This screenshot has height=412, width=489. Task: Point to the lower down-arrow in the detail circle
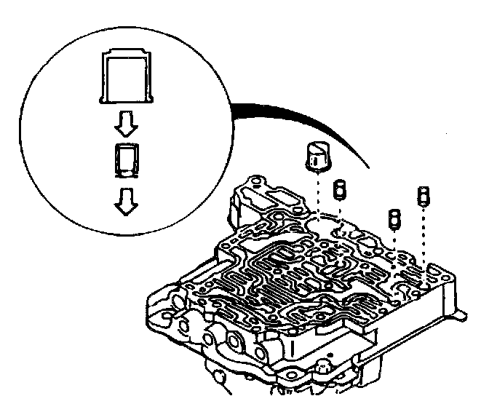[126, 203]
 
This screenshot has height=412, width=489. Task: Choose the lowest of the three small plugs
[393, 218]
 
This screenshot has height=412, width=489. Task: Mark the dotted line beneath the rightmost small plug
[422, 233]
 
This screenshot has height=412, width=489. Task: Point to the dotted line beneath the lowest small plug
[393, 244]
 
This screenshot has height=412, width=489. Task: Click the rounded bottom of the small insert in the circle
[126, 173]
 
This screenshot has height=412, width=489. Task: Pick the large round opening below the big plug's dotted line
[317, 218]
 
